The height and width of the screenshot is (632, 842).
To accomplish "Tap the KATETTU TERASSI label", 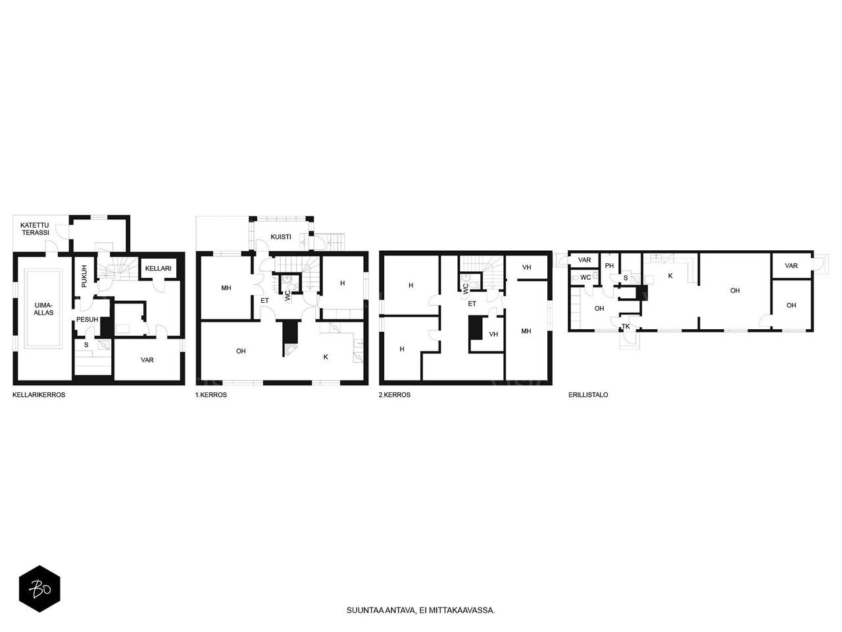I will (x=34, y=228).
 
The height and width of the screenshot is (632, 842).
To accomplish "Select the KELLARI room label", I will (x=158, y=269).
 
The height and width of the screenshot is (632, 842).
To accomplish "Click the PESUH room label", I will (x=87, y=320).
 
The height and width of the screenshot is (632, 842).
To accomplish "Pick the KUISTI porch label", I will (x=281, y=237).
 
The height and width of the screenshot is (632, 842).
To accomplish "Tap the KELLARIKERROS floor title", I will (x=39, y=395).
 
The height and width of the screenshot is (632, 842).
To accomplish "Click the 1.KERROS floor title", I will (x=210, y=395).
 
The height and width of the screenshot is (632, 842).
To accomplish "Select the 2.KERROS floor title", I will (x=395, y=395).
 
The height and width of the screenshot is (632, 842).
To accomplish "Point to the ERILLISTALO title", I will (x=588, y=395).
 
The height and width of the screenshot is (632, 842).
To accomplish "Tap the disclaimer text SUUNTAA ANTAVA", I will (x=420, y=610).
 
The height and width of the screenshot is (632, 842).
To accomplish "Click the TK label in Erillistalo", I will (x=626, y=327).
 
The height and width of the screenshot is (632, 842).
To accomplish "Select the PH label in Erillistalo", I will (x=609, y=266).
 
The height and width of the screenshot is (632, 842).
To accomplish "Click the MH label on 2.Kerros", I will (x=526, y=331).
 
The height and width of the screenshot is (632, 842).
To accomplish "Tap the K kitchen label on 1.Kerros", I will (x=326, y=357).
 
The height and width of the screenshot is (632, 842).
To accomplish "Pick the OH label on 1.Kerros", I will (x=241, y=352).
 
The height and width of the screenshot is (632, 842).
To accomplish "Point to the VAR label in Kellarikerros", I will (x=147, y=360).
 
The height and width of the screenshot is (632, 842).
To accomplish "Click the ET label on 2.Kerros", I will (x=472, y=304).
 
